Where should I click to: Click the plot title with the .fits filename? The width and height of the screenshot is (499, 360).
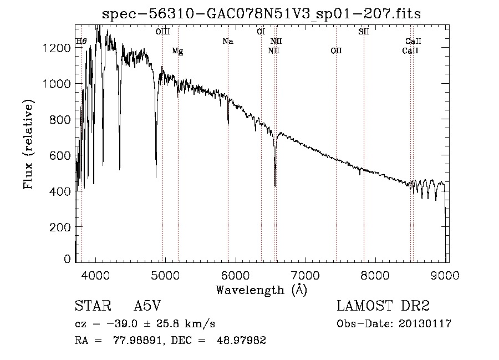click(261, 14)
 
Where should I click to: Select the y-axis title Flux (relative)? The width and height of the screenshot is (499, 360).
click(28, 145)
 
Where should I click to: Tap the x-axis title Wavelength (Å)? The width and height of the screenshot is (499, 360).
click(262, 290)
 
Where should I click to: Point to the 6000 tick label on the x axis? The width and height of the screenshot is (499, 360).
click(236, 275)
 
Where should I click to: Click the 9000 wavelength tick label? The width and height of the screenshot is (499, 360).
click(445, 275)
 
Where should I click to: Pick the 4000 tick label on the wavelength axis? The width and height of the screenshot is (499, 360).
click(95, 275)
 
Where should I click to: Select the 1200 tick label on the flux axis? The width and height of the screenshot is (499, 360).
click(57, 48)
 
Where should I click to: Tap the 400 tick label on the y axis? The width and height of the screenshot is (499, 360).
click(60, 191)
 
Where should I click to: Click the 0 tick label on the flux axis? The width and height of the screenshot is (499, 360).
click(67, 259)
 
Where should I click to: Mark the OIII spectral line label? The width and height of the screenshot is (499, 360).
click(162, 32)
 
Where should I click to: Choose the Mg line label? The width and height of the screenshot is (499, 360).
click(177, 51)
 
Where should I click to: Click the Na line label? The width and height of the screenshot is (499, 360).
click(228, 41)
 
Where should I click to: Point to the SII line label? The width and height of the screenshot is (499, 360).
click(363, 32)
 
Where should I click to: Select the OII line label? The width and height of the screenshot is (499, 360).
click(336, 50)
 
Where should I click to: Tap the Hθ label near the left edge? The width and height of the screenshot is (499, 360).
click(81, 41)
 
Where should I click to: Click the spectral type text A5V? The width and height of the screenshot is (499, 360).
click(147, 306)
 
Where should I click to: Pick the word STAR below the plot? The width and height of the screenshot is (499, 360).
click(93, 306)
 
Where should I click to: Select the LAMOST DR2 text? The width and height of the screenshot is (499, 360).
click(383, 306)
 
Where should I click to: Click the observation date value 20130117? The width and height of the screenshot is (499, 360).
click(425, 324)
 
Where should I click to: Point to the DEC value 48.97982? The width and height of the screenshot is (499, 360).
click(241, 340)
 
